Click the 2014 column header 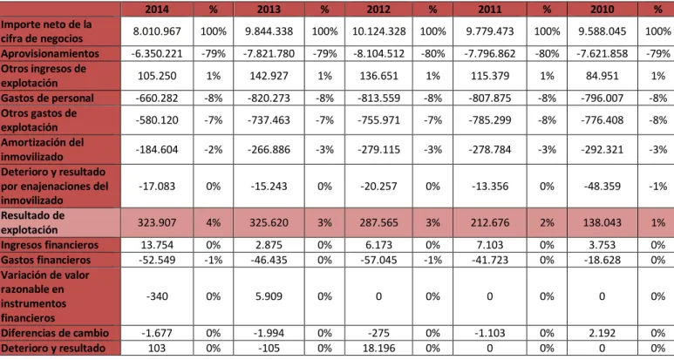coord(157,9)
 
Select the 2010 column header coord(602,9)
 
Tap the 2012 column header coord(378,9)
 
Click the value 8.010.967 coord(157,31)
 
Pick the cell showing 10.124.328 coord(378,31)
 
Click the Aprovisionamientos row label coord(50,53)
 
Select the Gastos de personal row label coord(47,98)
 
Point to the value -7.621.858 coord(602,54)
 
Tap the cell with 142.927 coord(269,76)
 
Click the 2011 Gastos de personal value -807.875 coord(490,98)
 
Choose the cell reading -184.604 coord(157,150)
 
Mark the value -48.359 coord(602,187)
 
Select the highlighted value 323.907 coord(157,223)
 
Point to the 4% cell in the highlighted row coord(214,223)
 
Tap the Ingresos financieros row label coord(50,245)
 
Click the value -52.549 coord(157,260)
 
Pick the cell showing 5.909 coord(269,296)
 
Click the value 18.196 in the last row coord(378,349)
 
